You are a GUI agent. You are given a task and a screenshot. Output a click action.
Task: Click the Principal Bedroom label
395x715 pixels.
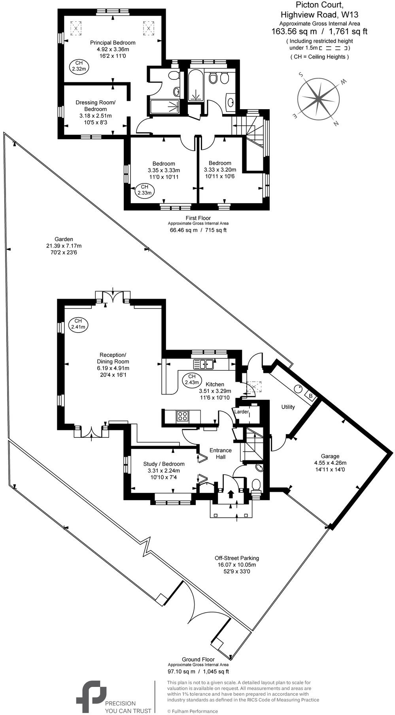[113, 43]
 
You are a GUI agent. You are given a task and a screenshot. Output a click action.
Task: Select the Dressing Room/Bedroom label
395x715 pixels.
[95, 106]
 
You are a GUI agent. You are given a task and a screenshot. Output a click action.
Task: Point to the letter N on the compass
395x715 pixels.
[336, 124]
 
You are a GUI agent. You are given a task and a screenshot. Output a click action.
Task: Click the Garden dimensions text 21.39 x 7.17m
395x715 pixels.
[64, 246]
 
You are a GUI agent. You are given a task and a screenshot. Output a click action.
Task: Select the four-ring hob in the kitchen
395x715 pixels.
[183, 416]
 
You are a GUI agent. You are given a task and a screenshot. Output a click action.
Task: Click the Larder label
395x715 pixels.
[242, 412]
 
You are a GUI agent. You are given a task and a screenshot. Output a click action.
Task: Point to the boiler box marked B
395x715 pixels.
[310, 396]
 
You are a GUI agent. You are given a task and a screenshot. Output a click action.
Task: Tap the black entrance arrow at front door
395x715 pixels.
[231, 494]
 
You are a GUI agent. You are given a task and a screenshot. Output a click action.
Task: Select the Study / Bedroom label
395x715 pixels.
[164, 464]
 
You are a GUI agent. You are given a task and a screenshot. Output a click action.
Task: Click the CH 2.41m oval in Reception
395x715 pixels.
[78, 324]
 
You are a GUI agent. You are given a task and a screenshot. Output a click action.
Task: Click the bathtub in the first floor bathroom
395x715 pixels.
[195, 86]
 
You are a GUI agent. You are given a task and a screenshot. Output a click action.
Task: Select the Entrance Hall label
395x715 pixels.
[220, 453]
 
